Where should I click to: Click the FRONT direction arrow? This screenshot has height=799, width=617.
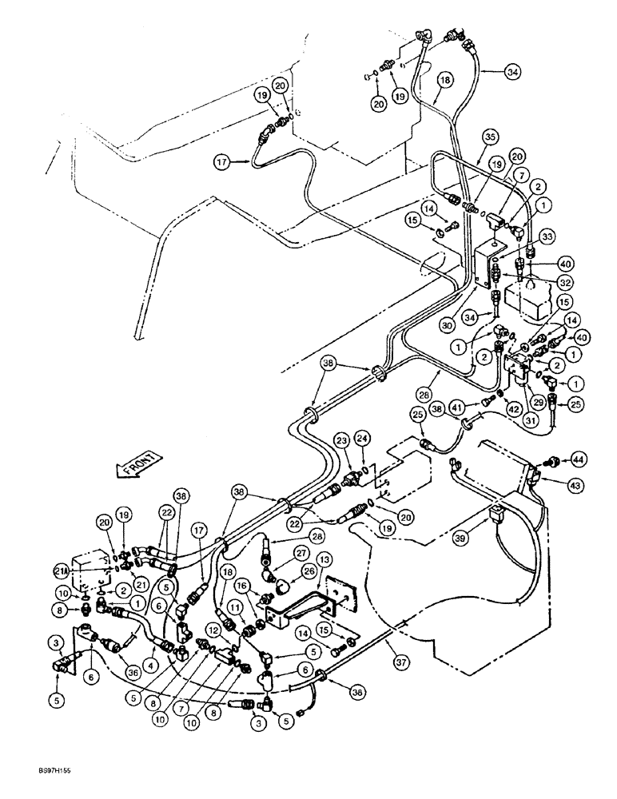point(137,466)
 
